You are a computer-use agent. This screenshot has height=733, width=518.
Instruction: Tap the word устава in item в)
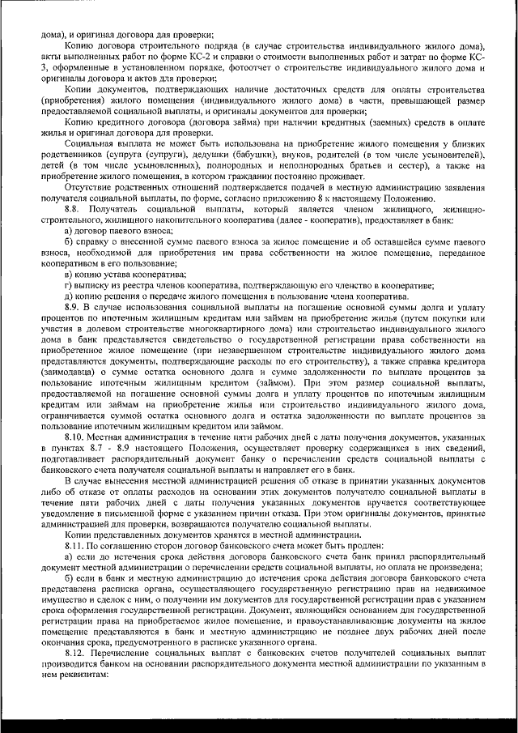(x=128, y=275)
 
